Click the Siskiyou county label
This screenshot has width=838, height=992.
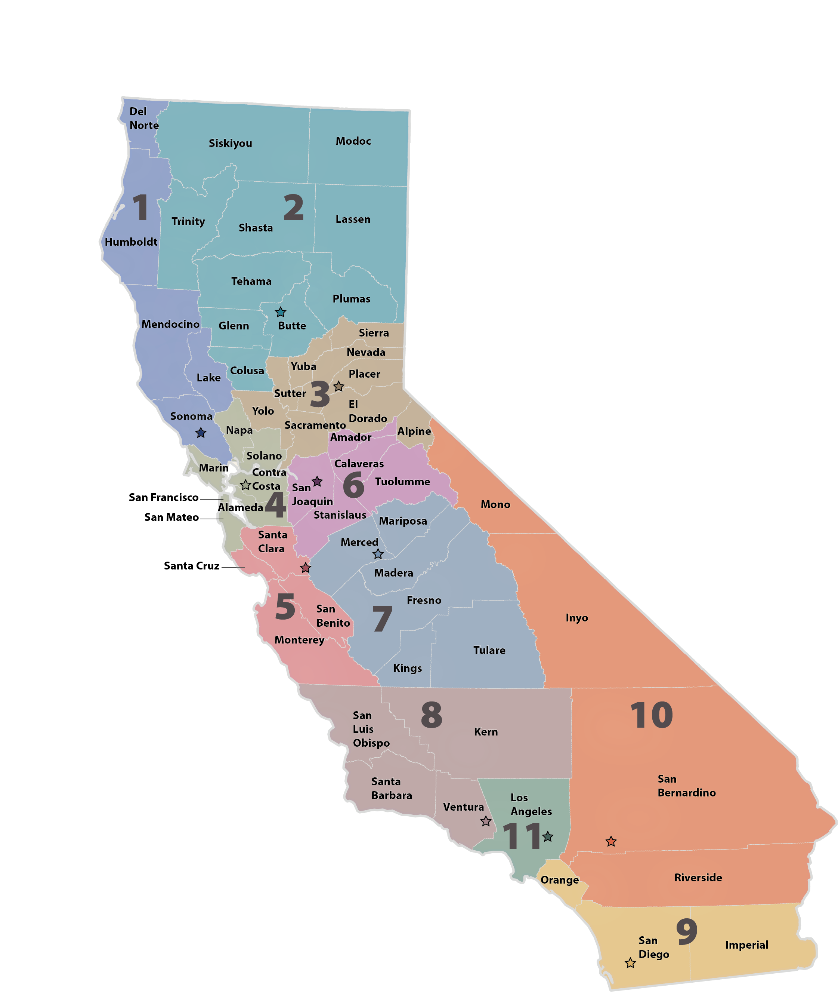(231, 143)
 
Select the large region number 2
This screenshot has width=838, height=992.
(294, 208)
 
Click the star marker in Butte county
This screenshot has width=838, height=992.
(280, 312)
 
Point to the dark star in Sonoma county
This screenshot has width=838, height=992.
(201, 433)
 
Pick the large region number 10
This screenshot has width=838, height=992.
(651, 715)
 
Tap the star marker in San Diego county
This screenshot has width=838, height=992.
(630, 962)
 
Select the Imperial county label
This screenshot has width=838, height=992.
(746, 945)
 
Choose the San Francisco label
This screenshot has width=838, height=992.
(163, 497)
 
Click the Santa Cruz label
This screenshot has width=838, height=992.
(191, 566)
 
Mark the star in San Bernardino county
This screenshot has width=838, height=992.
(611, 841)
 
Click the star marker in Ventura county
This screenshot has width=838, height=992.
(486, 821)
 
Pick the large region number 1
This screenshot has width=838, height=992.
(140, 208)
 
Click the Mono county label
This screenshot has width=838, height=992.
(495, 504)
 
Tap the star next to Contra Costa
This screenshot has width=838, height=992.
(245, 485)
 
